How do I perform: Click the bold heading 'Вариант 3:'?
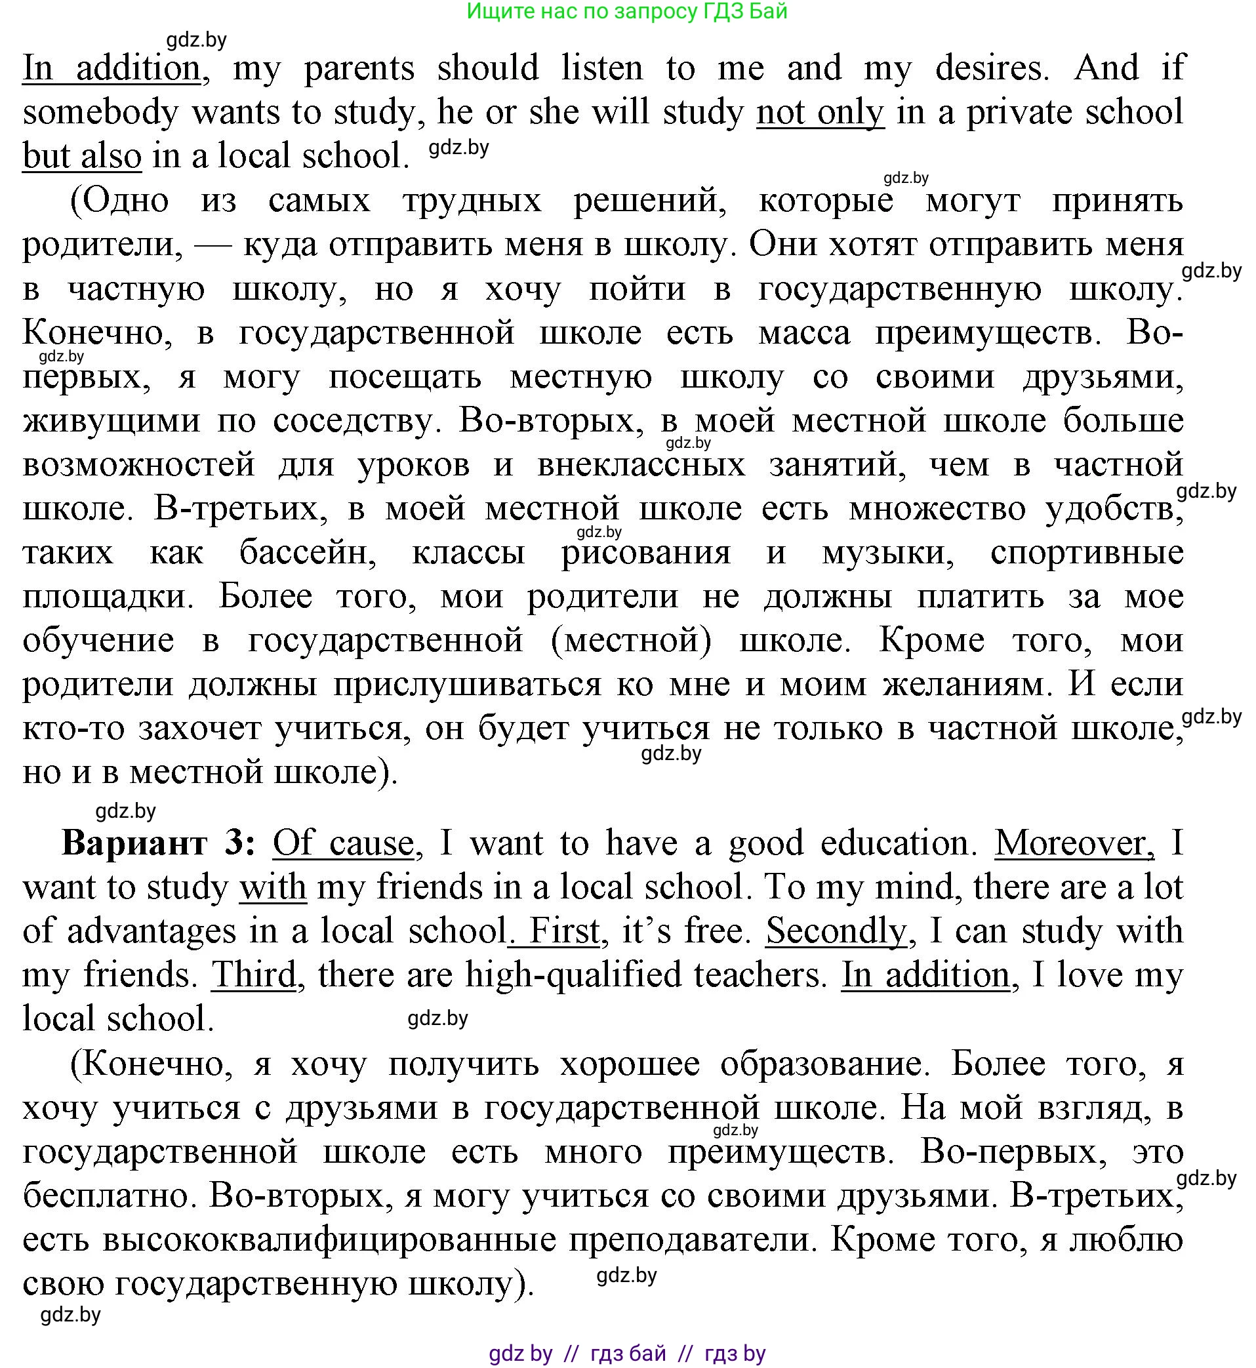click(159, 843)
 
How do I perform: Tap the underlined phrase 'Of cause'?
click(343, 843)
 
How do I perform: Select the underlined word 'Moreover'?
click(1074, 843)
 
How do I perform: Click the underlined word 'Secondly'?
click(836, 931)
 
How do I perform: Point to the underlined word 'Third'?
click(254, 975)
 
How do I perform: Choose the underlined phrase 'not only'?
click(820, 112)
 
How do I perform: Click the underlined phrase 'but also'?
click(82, 156)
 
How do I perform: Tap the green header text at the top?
click(627, 12)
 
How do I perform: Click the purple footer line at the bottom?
click(627, 1353)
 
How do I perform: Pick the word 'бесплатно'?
click(109, 1196)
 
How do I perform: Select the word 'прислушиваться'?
click(467, 685)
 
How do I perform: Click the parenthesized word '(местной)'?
click(632, 640)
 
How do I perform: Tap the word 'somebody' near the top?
click(100, 112)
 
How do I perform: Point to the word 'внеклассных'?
click(641, 465)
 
